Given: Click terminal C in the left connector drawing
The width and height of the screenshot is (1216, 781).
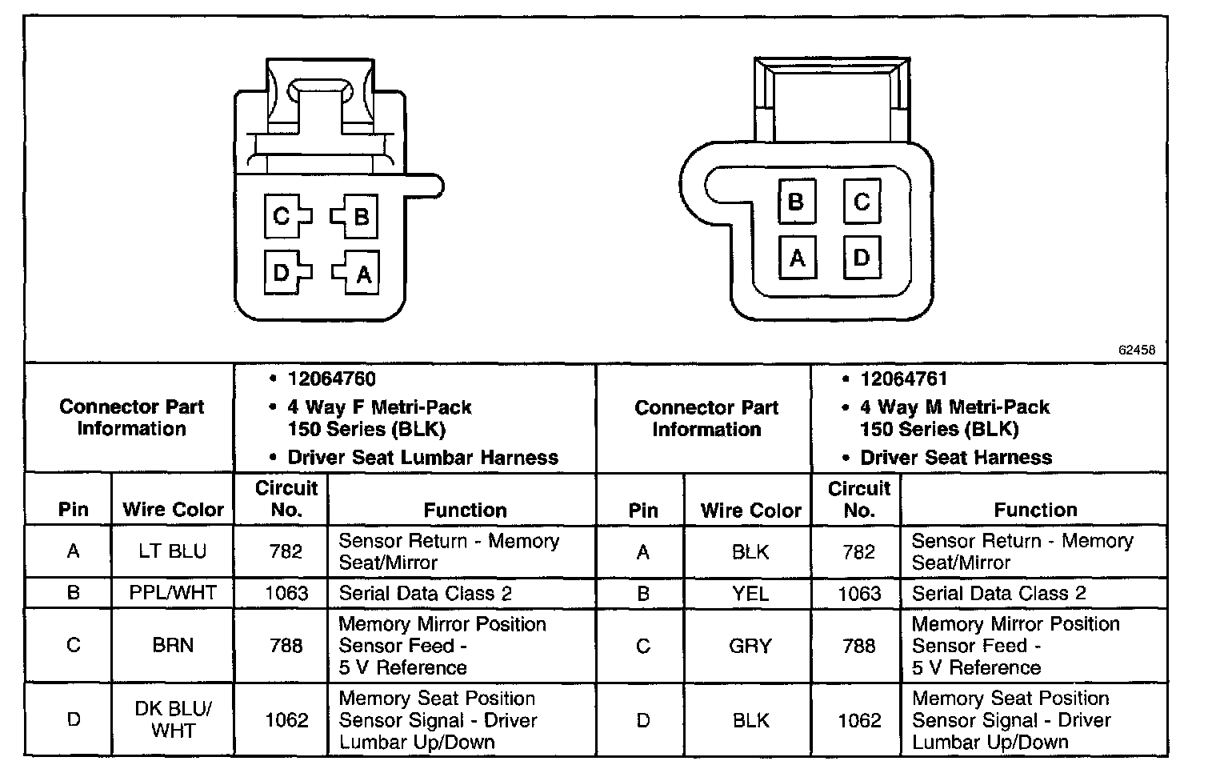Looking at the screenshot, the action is [x=282, y=216].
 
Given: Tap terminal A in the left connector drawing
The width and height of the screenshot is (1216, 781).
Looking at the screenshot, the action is [x=362, y=274].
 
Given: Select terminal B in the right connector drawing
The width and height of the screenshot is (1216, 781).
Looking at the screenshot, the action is [x=796, y=201].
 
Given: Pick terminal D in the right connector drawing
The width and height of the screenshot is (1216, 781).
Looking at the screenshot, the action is [x=862, y=258].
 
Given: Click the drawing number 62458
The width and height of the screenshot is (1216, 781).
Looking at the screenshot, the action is [x=1136, y=350].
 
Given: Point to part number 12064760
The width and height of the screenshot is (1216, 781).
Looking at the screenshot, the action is [x=332, y=378].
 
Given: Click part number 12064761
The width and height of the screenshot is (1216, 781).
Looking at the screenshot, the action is [x=904, y=378].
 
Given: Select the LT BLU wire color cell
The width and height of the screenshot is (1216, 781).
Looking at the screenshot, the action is [x=173, y=551].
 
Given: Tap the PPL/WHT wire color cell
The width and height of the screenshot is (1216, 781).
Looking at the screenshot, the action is [x=173, y=593].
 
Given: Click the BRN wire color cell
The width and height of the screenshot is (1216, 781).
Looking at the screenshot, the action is [x=173, y=646].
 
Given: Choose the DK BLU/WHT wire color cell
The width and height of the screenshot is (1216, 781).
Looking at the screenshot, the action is [x=173, y=719].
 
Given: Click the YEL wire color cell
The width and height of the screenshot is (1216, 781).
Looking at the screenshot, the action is [x=750, y=594].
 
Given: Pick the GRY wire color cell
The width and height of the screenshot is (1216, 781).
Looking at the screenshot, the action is [x=750, y=646].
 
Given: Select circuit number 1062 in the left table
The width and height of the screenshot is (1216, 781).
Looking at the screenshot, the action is [x=286, y=720].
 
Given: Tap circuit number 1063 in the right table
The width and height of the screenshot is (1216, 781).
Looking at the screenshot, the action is [x=859, y=594].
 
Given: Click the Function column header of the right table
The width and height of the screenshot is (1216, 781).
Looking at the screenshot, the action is [x=1035, y=510].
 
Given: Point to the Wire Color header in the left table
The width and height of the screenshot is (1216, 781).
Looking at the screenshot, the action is [x=173, y=510].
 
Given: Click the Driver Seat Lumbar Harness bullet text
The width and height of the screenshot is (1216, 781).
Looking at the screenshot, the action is [x=422, y=458].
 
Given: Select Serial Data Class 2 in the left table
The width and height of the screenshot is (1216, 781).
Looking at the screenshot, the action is [x=425, y=593].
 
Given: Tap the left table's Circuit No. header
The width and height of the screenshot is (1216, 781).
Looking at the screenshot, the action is [x=286, y=499].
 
